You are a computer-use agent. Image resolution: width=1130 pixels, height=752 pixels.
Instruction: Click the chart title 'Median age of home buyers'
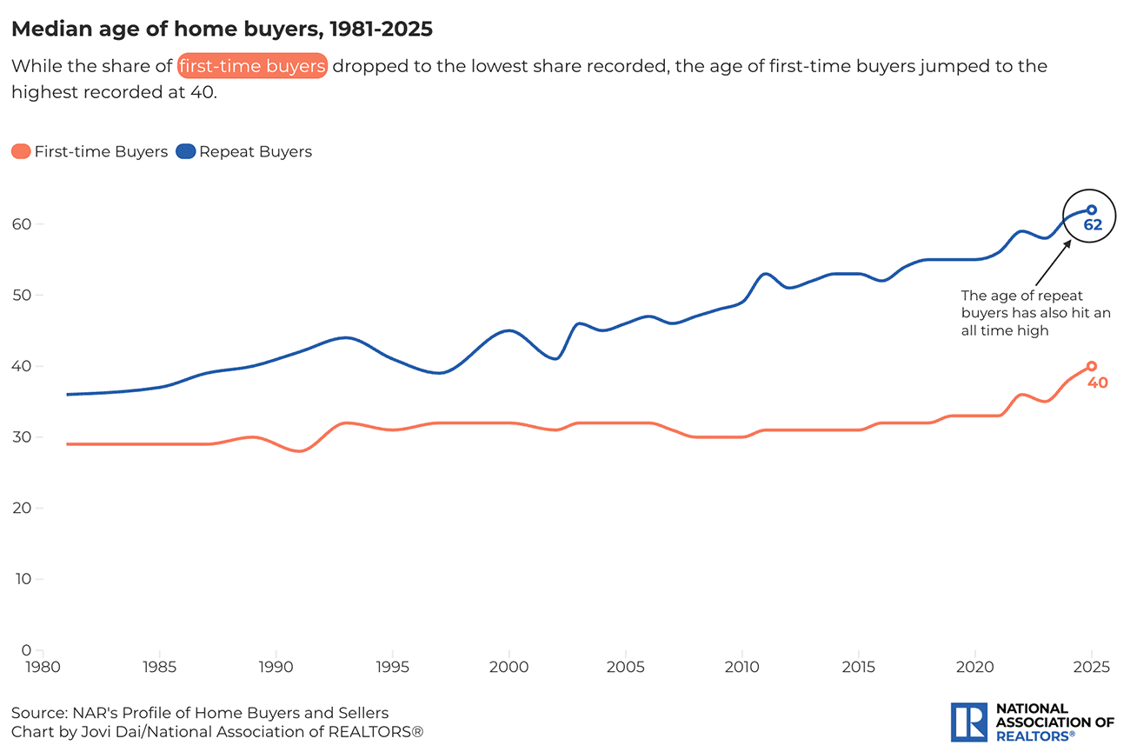click(222, 30)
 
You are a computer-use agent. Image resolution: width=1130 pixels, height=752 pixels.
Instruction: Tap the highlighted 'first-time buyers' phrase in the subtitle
click(252, 66)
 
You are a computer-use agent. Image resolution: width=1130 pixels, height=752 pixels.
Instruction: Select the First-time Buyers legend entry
click(90, 151)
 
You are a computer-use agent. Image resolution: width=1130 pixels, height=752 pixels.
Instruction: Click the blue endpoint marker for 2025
click(1092, 210)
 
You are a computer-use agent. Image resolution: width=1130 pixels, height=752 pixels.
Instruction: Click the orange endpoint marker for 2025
click(1092, 366)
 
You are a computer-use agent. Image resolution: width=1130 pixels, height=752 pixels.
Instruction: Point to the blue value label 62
click(1093, 225)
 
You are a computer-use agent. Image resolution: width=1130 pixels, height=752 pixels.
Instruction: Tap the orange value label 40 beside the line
click(1098, 383)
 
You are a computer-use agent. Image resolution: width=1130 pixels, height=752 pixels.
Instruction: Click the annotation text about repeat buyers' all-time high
click(1035, 313)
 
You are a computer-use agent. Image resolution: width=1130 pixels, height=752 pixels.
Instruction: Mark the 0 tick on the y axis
click(26, 649)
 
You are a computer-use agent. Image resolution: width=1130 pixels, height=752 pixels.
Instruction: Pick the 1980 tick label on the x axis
click(43, 668)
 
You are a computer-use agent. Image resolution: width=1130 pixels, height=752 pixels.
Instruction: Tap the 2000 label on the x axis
click(508, 668)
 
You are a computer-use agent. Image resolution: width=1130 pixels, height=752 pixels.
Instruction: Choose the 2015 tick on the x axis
click(859, 668)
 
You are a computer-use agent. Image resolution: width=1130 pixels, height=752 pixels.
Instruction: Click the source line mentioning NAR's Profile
click(200, 713)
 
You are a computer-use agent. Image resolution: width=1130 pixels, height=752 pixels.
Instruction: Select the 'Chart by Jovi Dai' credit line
click(217, 731)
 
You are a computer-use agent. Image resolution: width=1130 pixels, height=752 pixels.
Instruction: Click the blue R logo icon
click(968, 722)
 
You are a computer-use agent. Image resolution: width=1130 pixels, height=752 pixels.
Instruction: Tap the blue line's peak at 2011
click(765, 274)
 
